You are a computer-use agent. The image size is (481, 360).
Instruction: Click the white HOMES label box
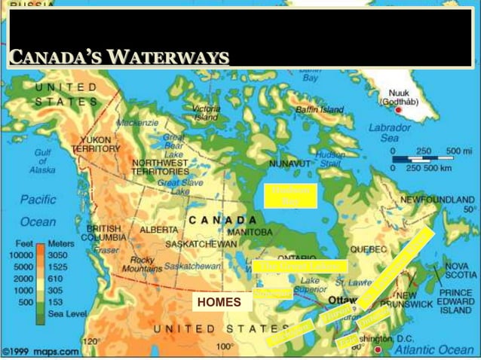219,303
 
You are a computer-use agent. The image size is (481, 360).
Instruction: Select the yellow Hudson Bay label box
290,195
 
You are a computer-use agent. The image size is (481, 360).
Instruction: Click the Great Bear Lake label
175,142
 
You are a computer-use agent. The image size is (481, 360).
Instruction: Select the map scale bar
426,159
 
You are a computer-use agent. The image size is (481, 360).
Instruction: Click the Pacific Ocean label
38,211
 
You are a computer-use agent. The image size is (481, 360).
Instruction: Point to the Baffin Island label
319,110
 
